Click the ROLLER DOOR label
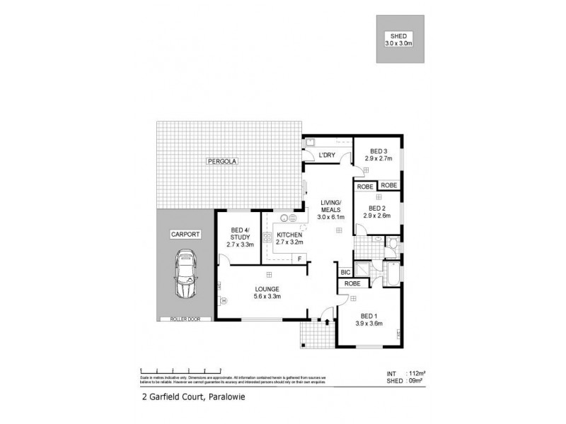[x=185, y=319]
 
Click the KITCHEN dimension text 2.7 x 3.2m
[x=289, y=243]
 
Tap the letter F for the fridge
[x=300, y=259]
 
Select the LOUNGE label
[x=269, y=289]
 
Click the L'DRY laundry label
[x=326, y=155]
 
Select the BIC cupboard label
[x=345, y=271]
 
